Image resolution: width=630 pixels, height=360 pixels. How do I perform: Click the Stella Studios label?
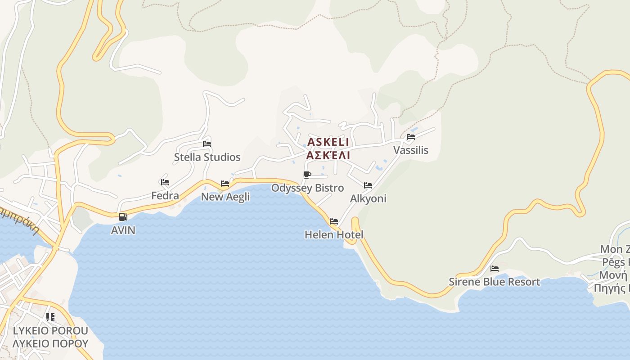[207, 157]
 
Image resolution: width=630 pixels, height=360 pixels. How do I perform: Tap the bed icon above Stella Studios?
[207, 144]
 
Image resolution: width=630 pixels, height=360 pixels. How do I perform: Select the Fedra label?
[165, 196]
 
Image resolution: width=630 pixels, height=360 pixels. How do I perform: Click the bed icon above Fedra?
[165, 182]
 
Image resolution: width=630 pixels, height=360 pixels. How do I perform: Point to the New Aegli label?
[225, 197]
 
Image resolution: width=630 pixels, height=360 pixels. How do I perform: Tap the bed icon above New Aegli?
[225, 184]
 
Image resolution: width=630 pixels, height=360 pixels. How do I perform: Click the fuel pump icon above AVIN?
[123, 217]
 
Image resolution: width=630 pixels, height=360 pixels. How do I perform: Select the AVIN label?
[123, 230]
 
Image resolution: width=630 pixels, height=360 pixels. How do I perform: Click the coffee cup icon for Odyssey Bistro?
[307, 175]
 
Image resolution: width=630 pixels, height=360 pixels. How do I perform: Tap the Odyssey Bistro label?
[307, 188]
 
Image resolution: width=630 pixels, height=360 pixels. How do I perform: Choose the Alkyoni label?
[368, 198]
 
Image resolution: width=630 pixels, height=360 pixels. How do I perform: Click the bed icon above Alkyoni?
[368, 185]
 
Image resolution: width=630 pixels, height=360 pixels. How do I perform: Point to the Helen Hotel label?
[334, 234]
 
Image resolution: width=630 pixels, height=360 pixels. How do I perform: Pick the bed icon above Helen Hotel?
[334, 221]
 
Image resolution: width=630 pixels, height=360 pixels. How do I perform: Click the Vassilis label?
[411, 150]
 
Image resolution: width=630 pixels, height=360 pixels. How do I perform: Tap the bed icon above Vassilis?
[411, 137]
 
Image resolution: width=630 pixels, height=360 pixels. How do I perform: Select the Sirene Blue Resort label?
[494, 282]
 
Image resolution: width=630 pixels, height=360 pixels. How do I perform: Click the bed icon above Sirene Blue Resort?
[495, 269]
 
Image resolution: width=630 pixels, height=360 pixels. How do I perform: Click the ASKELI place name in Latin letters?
[328, 142]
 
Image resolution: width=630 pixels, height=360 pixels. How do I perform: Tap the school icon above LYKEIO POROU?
[50, 317]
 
